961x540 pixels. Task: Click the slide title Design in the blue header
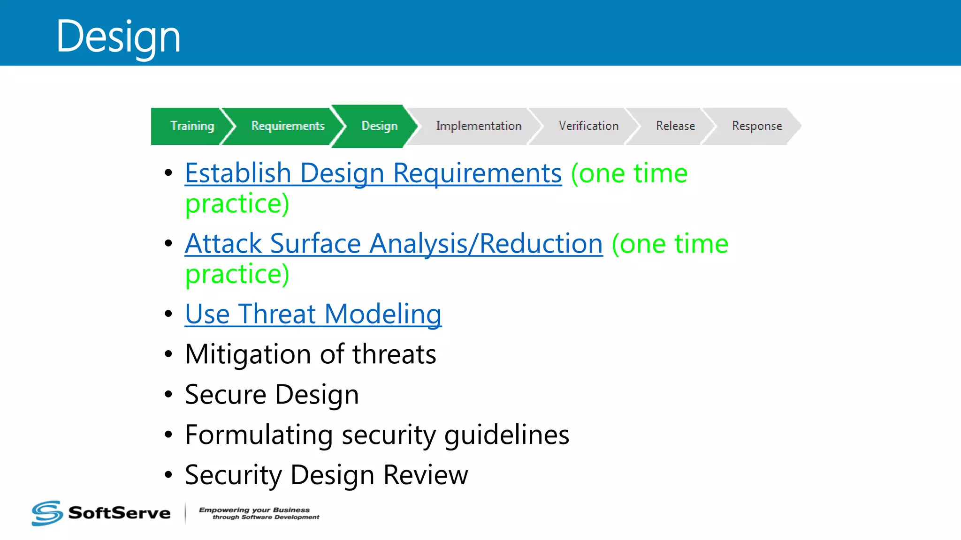[x=118, y=37]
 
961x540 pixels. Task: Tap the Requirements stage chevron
[x=287, y=126]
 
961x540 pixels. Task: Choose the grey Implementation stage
[x=478, y=126]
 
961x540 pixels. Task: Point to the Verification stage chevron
[x=588, y=126]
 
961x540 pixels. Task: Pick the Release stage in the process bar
[x=675, y=126]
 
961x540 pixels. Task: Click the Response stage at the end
[x=756, y=126]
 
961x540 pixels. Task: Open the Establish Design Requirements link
[x=373, y=173]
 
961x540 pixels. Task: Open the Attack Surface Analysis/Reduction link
[x=393, y=244]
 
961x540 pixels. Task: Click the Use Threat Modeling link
[x=313, y=314]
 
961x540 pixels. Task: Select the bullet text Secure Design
[x=272, y=395]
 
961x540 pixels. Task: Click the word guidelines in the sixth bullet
[x=506, y=435]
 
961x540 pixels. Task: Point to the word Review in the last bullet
[x=425, y=475]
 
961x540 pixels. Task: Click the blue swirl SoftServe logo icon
[x=47, y=513]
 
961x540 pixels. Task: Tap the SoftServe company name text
[x=119, y=513]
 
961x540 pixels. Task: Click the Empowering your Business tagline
[x=259, y=513]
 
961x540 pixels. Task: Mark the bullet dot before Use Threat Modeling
[x=168, y=314]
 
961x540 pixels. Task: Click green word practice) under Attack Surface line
[x=237, y=274]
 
